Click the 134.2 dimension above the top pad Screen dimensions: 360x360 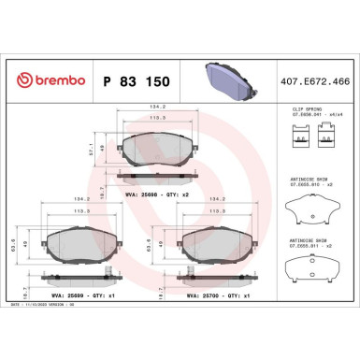[154, 108]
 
